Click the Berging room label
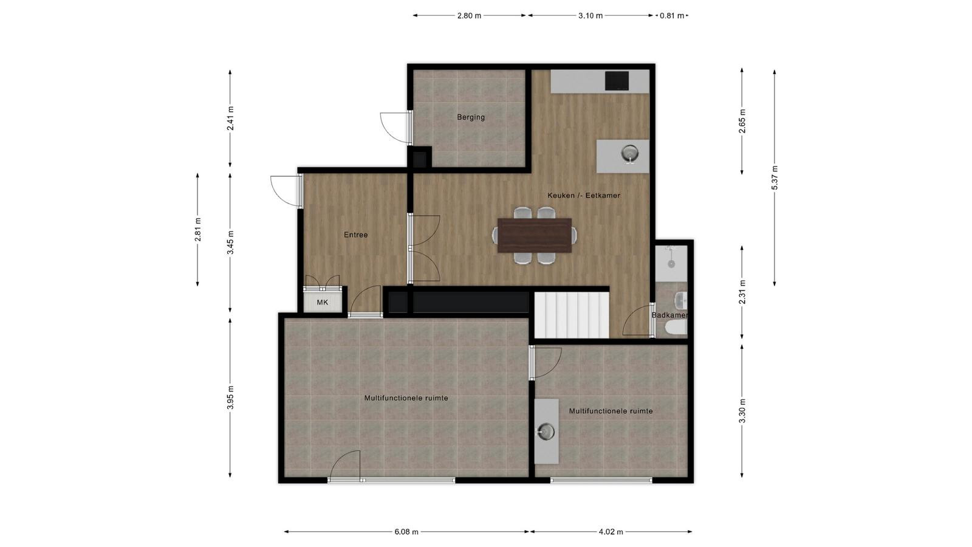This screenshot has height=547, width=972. click(471, 117)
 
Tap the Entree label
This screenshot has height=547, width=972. click(356, 235)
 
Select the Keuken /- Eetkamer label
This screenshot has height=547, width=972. click(584, 195)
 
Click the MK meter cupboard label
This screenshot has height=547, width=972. click(323, 302)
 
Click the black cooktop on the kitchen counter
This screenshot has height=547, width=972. click(617, 81)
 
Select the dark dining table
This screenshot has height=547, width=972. click(535, 235)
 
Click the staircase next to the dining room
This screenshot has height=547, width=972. click(572, 315)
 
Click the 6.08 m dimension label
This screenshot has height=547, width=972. click(406, 531)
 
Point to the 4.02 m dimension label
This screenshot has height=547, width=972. click(611, 531)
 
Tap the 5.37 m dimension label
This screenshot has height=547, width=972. click(775, 177)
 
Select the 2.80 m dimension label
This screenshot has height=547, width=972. click(470, 16)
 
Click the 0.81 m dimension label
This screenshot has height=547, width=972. click(672, 16)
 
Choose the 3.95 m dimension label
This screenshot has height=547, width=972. click(230, 397)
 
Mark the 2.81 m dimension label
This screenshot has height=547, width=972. click(198, 229)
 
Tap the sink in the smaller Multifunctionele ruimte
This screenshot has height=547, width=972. click(546, 432)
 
